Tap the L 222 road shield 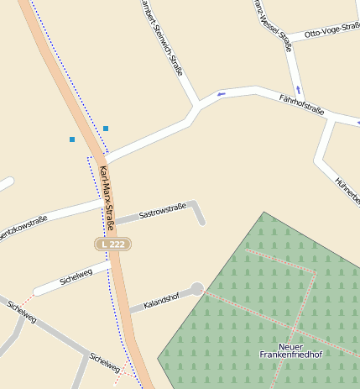coord(112,244)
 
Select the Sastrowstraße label coord(162,208)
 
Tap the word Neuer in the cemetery coord(290,346)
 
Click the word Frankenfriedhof coord(290,355)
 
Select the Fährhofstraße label coord(301,104)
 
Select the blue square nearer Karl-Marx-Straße coord(106,129)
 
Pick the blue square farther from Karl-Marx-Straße coord(72,139)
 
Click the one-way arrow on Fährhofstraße coord(222,94)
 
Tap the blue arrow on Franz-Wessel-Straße coord(298,89)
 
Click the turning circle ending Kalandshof coord(197,289)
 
